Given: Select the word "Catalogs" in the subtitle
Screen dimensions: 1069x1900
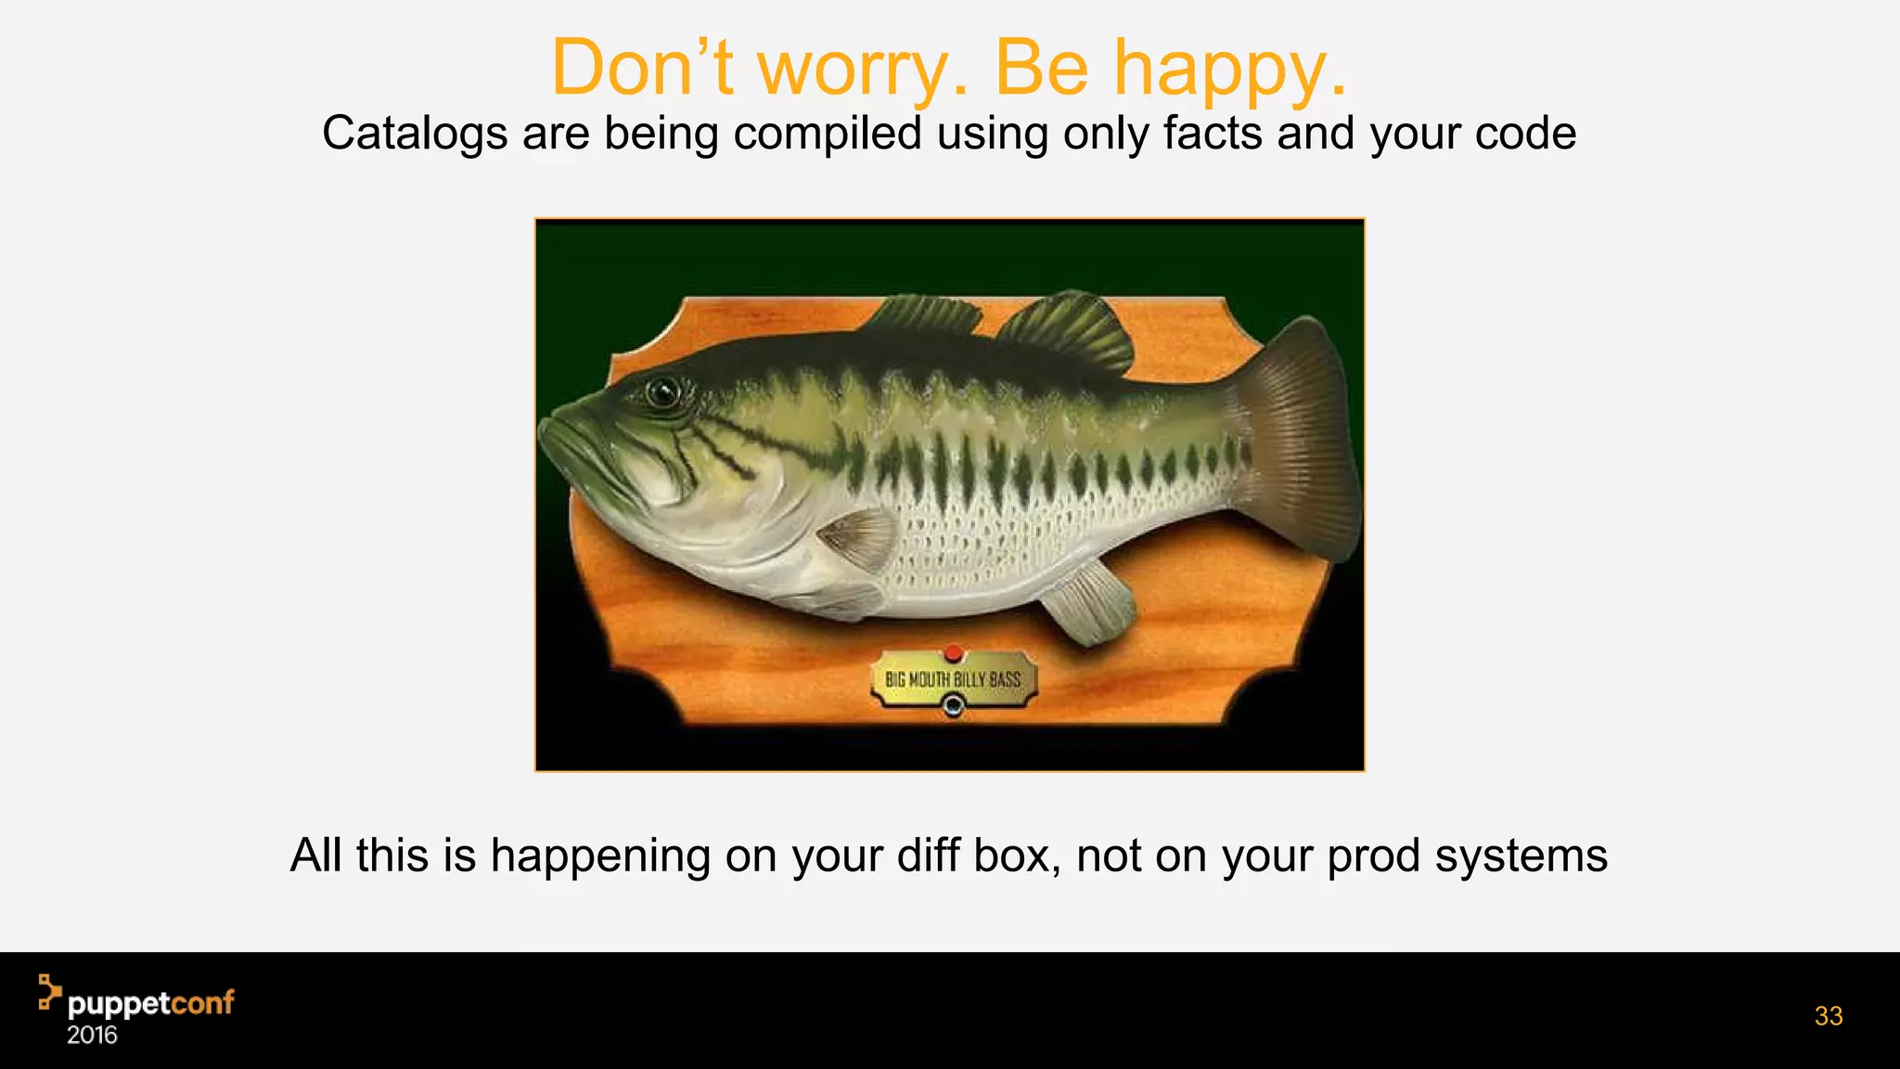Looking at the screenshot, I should (414, 134).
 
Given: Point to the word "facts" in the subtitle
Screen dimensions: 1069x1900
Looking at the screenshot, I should (1213, 133).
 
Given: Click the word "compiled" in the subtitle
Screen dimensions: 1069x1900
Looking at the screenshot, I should (828, 134).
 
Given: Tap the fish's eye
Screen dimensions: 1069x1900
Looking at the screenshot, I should (662, 392).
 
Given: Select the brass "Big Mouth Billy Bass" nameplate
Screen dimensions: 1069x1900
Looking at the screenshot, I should (953, 680).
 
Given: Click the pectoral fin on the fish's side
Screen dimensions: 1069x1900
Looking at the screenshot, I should (858, 539).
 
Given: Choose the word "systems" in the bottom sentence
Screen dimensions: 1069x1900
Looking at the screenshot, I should (1521, 856).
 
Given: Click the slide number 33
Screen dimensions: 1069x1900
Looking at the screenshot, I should (1828, 1016).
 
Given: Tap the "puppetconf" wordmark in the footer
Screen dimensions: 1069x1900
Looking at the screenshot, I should (151, 1004).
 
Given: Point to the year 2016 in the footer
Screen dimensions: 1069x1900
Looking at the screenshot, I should (92, 1036).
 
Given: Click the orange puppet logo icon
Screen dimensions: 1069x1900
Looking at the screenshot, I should (49, 991).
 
